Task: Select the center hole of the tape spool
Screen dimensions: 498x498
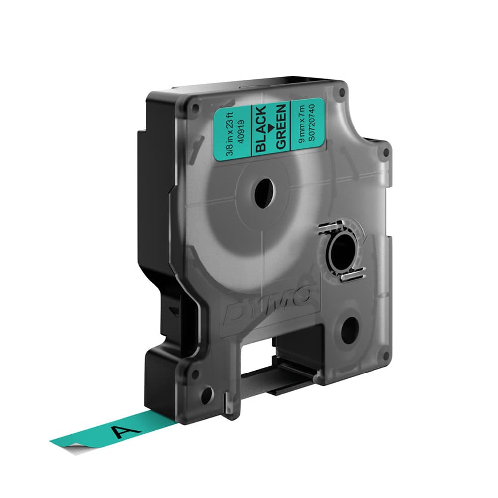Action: click(264, 191)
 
